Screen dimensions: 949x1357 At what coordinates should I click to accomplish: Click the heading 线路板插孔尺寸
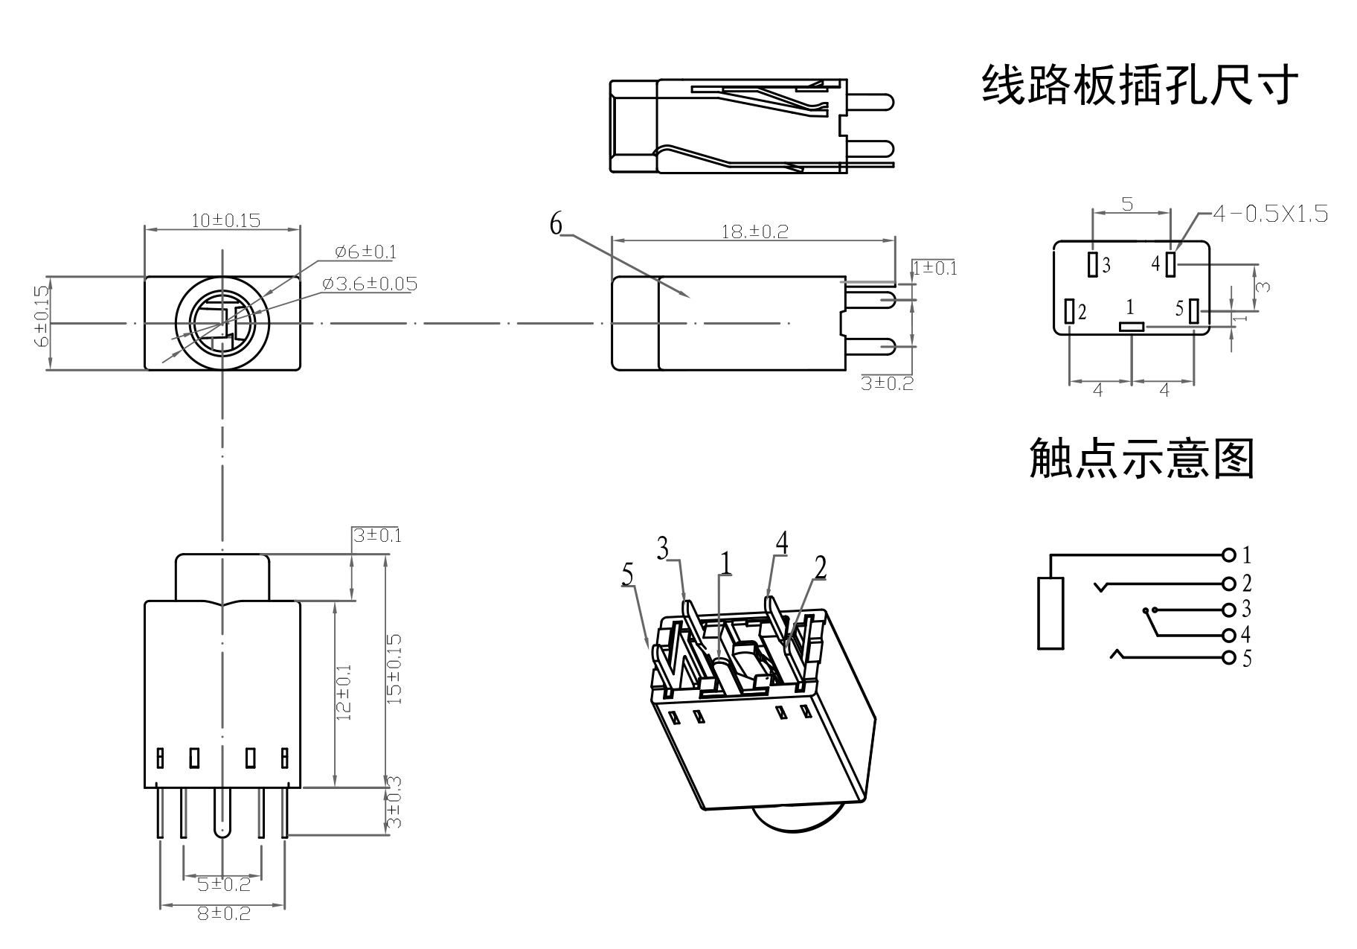(1140, 86)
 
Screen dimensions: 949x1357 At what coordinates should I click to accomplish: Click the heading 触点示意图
(1142, 458)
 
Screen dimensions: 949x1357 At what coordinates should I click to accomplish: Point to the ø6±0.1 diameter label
(365, 252)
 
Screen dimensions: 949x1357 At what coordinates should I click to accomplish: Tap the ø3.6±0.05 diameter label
(370, 284)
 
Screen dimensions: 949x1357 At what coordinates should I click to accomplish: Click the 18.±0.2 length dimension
(754, 231)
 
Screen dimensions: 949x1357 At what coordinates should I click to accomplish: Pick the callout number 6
(556, 223)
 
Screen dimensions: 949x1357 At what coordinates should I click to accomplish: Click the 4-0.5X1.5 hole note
(1270, 214)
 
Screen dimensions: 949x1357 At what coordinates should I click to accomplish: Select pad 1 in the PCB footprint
(1132, 326)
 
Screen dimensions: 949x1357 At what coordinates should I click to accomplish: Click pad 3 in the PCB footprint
(1093, 264)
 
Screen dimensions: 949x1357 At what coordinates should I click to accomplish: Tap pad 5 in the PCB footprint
(1193, 311)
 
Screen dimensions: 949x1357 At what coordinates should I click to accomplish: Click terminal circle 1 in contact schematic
(1228, 555)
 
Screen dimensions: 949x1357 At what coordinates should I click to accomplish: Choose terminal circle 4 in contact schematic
(1228, 635)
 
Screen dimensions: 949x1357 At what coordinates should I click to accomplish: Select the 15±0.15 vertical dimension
(395, 668)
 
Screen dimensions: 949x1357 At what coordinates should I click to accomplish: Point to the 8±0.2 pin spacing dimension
(224, 913)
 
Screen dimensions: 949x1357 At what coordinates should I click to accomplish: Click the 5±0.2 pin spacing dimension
(224, 884)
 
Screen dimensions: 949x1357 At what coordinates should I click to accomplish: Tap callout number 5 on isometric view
(628, 575)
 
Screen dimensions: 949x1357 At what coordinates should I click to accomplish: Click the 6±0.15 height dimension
(42, 316)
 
